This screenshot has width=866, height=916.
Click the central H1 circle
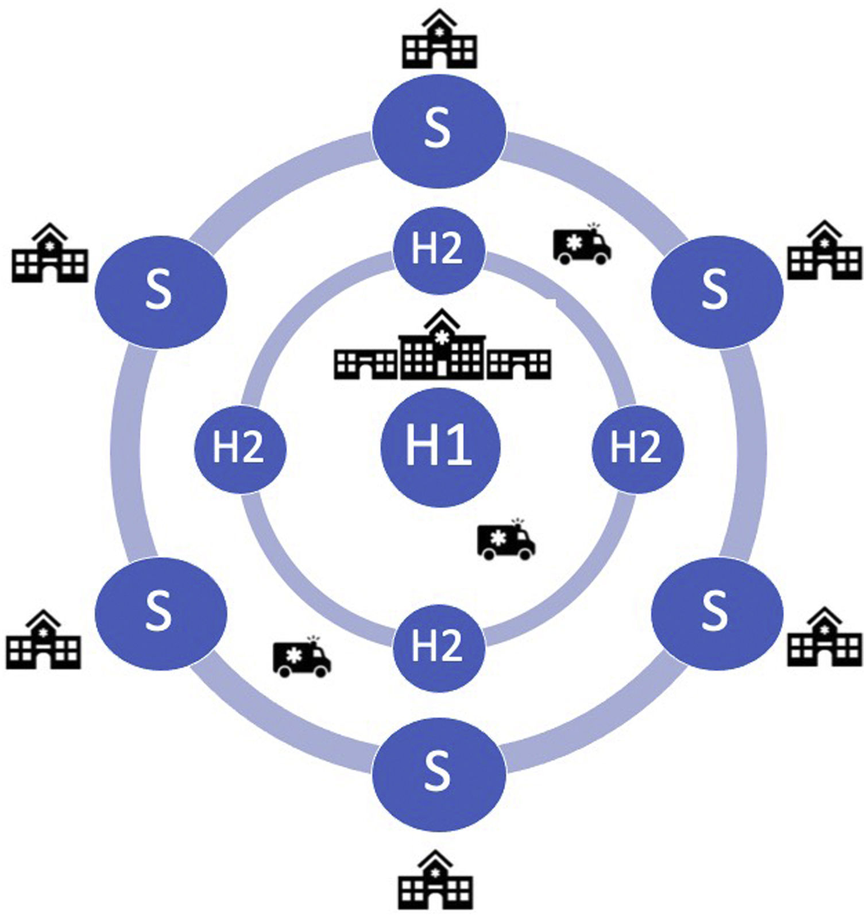440,447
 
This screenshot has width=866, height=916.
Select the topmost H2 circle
439,250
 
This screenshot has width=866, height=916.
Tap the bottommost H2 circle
439,647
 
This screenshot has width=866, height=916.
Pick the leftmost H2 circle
240,447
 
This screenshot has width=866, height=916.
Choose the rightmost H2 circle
637,447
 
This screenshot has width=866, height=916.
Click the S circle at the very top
439,130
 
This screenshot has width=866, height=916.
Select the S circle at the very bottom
439,773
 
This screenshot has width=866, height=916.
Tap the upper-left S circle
161,291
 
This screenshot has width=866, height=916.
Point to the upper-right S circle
717,290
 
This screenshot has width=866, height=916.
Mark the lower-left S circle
161,613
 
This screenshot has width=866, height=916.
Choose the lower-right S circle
717,613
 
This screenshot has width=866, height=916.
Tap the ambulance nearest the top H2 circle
582,245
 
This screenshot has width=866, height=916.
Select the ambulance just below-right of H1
506,540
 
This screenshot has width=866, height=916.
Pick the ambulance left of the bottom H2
301,657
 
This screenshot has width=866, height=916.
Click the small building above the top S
439,40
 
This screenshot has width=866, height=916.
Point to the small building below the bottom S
436,882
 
